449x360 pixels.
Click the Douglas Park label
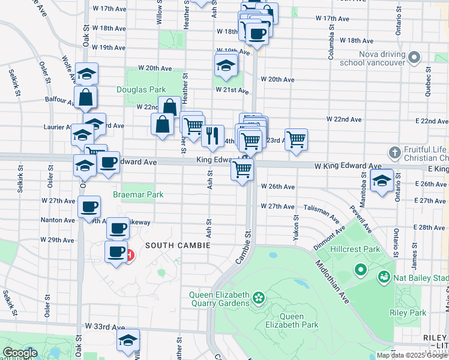140,89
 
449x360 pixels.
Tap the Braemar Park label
138,195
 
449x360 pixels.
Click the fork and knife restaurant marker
212,136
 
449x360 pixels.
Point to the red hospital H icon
130,255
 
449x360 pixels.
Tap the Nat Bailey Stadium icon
383,277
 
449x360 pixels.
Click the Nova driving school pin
414,58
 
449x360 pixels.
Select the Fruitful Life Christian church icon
394,152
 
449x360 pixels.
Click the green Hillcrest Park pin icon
360,270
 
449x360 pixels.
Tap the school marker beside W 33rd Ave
128,340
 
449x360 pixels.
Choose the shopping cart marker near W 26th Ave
243,169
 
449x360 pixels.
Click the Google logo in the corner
20,353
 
